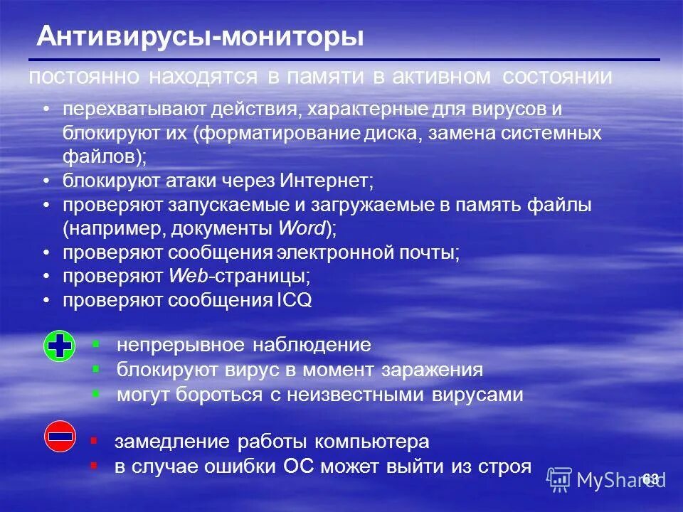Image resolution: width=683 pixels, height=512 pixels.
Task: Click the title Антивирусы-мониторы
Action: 200,37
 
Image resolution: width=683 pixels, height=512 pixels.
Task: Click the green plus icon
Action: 60,346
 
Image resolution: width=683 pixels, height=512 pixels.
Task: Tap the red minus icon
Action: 60,436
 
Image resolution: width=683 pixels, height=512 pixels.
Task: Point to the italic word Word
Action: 303,229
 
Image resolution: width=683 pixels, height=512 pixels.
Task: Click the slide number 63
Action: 650,479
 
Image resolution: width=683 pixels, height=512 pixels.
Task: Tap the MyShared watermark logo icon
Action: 559,479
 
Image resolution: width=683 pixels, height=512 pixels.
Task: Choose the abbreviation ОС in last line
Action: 299,466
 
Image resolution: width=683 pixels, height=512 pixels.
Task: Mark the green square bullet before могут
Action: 96,393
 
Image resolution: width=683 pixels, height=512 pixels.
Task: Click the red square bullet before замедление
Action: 93,441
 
